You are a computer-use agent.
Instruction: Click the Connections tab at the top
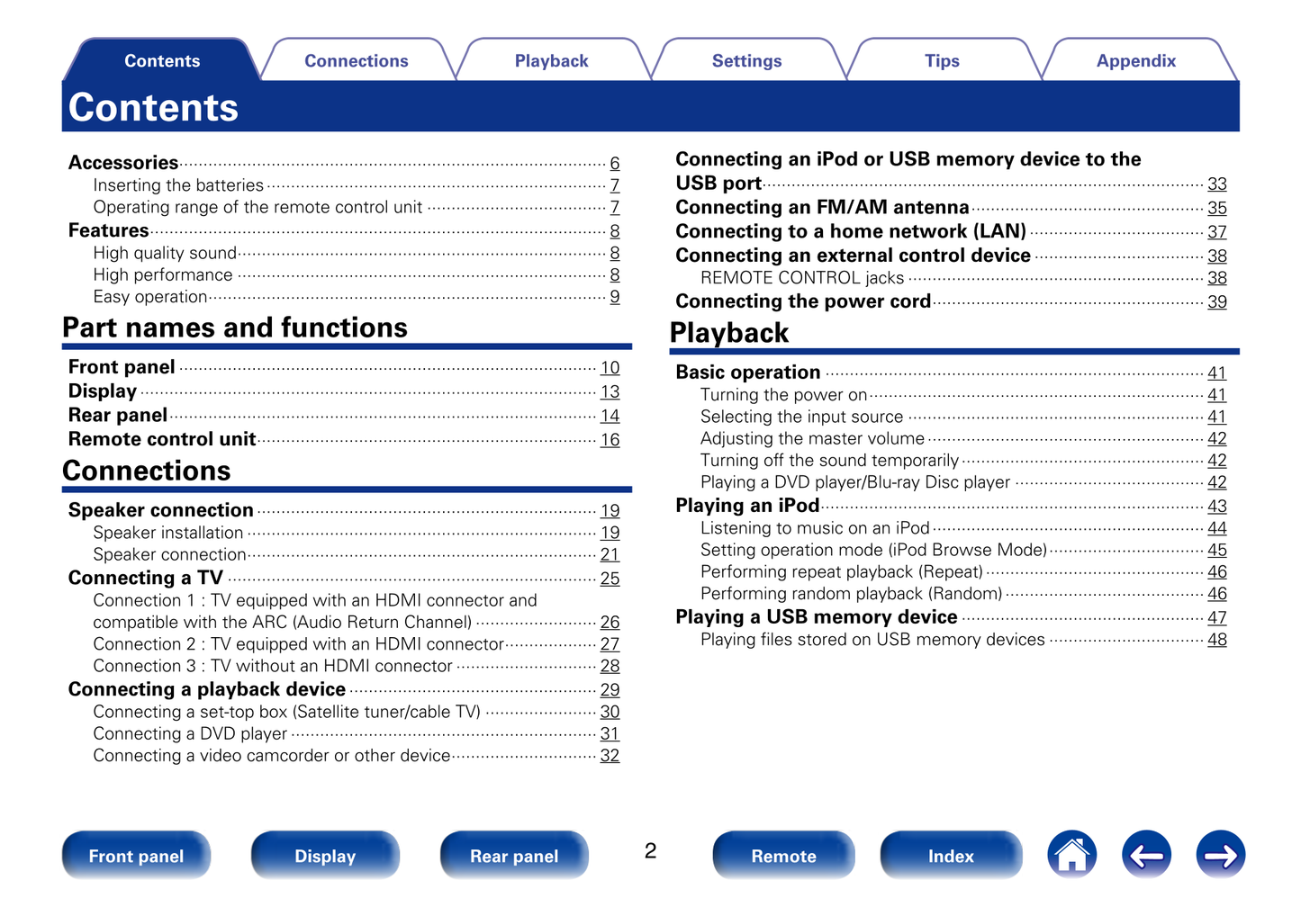pos(356,61)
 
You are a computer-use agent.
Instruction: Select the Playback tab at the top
pos(551,61)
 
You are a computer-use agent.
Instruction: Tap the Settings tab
pos(746,61)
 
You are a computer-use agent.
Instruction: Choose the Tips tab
pos(942,61)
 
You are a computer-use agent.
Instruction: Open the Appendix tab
pos(1136,61)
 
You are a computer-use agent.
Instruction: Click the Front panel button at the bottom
pos(136,856)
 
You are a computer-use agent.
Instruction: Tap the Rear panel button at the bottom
pos(514,856)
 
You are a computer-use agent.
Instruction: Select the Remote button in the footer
pos(783,856)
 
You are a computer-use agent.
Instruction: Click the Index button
pos(951,856)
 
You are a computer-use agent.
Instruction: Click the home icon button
pos(1071,855)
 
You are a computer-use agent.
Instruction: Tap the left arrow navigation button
pos(1146,855)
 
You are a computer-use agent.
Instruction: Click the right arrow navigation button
pos(1220,855)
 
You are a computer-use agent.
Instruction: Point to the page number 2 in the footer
pos(650,851)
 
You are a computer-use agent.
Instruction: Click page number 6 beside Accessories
pos(615,163)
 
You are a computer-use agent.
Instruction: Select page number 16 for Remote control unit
pos(610,440)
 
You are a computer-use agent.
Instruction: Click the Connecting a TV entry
pos(146,578)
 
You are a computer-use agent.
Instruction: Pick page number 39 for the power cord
pos(1216,302)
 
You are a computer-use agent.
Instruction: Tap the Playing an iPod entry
pos(747,506)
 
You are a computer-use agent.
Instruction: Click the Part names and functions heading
pos(235,328)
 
